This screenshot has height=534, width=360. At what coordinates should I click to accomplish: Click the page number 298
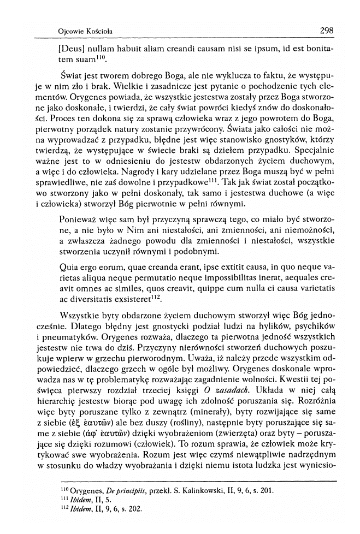tap(326, 29)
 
